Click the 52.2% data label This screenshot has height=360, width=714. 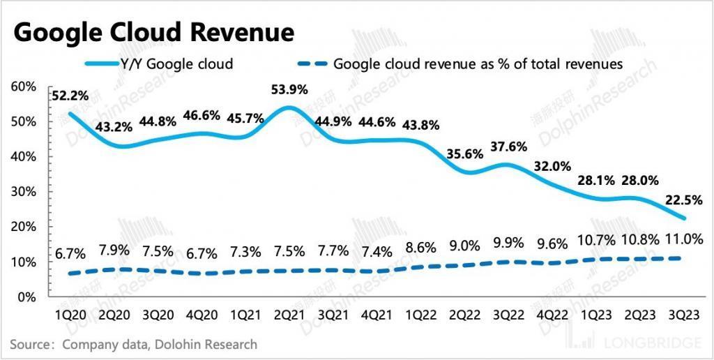pyautogui.click(x=69, y=96)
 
